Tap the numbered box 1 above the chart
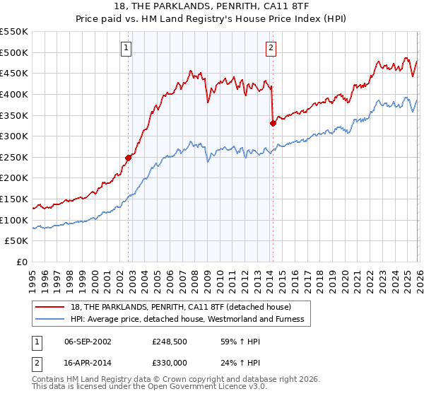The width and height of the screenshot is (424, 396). tap(126, 48)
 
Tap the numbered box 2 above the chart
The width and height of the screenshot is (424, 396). tap(271, 48)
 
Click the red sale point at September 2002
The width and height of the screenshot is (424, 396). tap(129, 158)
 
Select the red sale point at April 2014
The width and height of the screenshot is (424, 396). tap(273, 123)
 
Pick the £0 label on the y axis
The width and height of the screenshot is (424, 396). tap(22, 262)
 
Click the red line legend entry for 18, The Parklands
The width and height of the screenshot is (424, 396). tap(183, 306)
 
